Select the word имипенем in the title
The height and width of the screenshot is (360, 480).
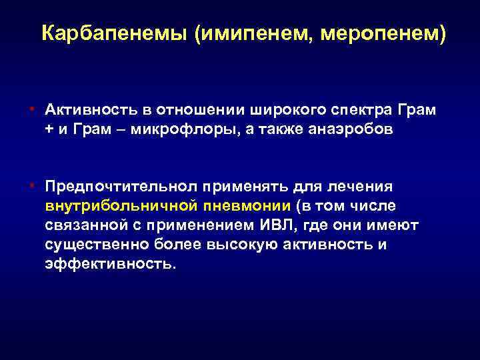(247, 33)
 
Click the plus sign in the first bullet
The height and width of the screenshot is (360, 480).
(49, 131)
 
